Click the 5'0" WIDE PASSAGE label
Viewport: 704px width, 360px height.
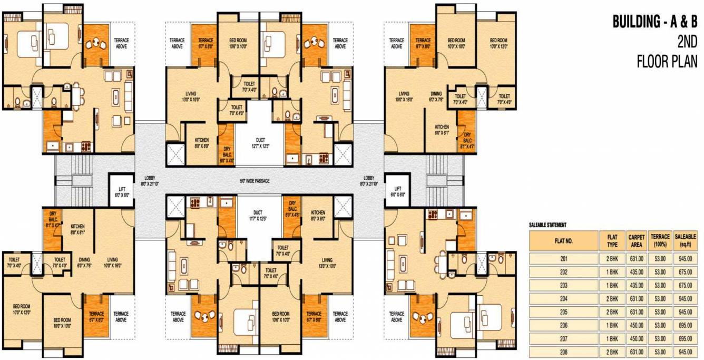[x=255, y=181]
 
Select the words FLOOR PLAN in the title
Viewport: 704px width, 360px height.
[x=667, y=62]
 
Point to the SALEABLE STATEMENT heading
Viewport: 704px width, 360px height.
[x=547, y=225]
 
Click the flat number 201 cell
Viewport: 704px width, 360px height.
[x=564, y=259]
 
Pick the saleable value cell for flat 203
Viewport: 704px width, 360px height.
[x=686, y=285]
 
